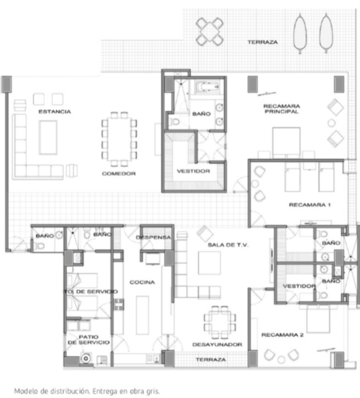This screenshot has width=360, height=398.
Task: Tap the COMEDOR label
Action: coord(118,174)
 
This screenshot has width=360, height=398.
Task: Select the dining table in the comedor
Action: coord(119,139)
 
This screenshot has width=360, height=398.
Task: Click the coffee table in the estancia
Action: coord(48,137)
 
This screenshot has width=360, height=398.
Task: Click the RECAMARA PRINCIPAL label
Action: coord(281,109)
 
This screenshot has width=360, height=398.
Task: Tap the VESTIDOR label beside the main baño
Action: coord(193,171)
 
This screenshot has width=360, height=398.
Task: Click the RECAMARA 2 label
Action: coord(282,335)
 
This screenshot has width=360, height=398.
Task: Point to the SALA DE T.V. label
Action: coord(228,245)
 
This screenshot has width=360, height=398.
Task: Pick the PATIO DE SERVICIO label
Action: coord(88,340)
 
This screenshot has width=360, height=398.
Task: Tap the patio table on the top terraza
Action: coord(210,31)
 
